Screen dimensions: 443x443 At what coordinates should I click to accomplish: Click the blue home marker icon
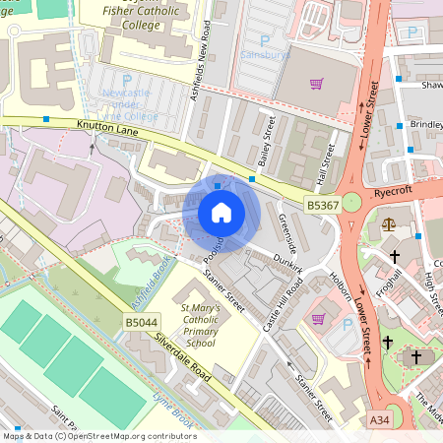tap(221, 213)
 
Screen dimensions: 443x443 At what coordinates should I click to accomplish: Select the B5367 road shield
tap(322, 205)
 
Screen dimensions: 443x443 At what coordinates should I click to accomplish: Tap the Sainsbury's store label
tap(265, 56)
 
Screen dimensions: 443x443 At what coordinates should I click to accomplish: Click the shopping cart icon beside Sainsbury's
tap(316, 84)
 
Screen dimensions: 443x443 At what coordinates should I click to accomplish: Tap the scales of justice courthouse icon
tap(388, 223)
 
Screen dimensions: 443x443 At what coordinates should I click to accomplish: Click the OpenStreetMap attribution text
tap(99, 435)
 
